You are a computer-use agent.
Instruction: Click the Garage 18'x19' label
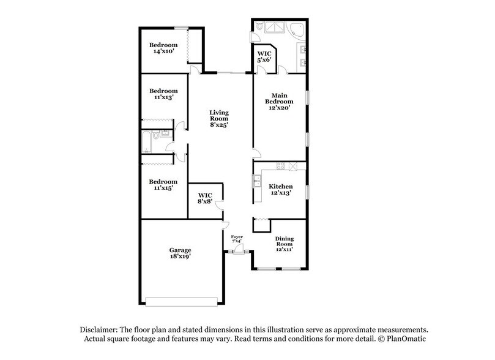tap(181, 253)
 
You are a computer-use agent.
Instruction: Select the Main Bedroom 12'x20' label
tap(278, 101)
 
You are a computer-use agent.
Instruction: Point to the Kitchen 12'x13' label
tap(281, 189)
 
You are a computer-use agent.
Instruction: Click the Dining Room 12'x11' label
tap(284, 244)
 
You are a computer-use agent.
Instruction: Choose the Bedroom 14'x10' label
tap(163, 48)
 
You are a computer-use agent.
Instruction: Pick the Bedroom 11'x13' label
tap(163, 94)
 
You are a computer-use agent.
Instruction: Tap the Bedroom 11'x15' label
tap(163, 185)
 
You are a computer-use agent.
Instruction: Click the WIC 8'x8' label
tap(204, 198)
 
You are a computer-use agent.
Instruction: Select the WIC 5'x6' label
tap(264, 57)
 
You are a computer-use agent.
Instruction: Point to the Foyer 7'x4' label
tap(237, 239)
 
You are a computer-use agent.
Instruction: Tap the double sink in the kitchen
tap(258, 180)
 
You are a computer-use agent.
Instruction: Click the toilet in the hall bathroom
tap(156, 135)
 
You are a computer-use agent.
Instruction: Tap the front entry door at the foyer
tap(238, 249)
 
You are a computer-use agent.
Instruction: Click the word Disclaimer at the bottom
tap(101, 328)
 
